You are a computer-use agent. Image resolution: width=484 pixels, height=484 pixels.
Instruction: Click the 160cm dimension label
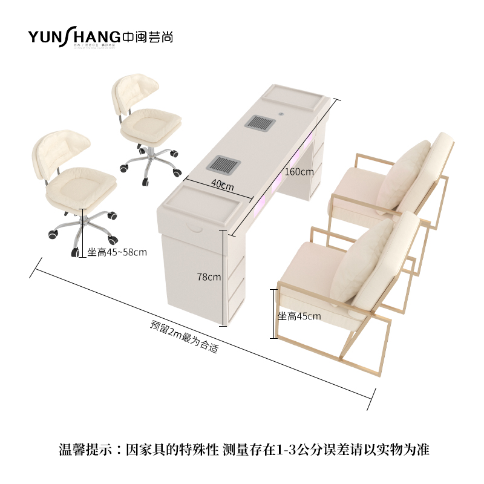(299, 171)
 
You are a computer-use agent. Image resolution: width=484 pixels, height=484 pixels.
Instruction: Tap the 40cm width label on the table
(222, 186)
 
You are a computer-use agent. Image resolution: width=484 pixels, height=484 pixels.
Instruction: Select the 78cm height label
(209, 277)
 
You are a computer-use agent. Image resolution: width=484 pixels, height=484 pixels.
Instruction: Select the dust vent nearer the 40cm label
(225, 164)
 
